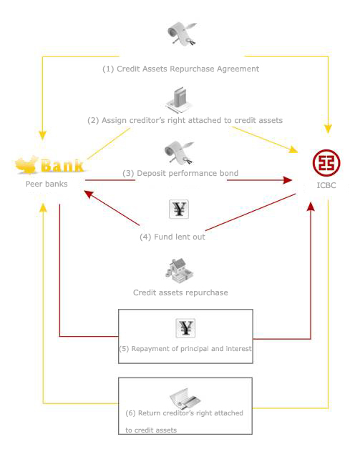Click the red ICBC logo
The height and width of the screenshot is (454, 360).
(x=326, y=163)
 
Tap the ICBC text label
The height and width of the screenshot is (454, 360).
(x=326, y=185)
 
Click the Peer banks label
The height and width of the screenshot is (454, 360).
(x=47, y=184)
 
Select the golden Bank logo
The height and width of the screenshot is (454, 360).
(x=49, y=165)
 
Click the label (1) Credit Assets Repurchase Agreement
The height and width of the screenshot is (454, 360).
(x=180, y=69)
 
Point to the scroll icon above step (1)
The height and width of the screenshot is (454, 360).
(x=182, y=34)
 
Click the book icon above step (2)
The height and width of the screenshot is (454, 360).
(x=179, y=100)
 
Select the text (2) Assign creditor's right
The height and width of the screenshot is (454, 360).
(x=140, y=120)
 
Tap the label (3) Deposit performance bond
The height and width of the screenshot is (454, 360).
(x=180, y=173)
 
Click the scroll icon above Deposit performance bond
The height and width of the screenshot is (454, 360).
(x=179, y=152)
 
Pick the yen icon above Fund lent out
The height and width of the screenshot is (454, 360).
(x=179, y=209)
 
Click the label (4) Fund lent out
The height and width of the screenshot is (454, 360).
(x=172, y=237)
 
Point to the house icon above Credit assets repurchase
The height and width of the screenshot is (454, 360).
(x=179, y=271)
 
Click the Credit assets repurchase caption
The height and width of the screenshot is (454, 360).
(x=180, y=292)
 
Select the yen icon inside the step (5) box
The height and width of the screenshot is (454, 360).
(x=185, y=328)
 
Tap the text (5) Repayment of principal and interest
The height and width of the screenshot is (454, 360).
(x=185, y=349)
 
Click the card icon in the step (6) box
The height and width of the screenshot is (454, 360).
(x=185, y=398)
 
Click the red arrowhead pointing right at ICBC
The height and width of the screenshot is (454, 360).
(x=288, y=180)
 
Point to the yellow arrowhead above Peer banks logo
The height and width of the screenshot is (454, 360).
(x=43, y=136)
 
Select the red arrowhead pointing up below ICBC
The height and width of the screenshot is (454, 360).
(x=311, y=207)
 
